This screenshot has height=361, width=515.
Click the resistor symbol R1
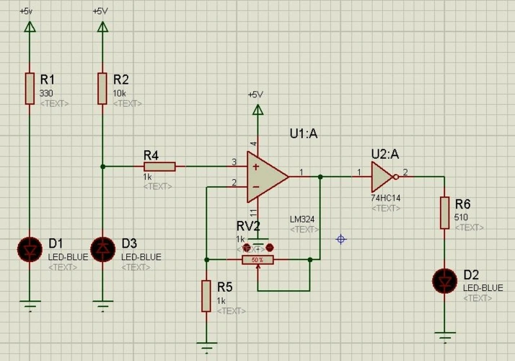pyautogui.click(x=30, y=88)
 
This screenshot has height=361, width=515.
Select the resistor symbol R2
pyautogui.click(x=102, y=88)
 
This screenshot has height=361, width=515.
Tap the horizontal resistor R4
pyautogui.click(x=159, y=167)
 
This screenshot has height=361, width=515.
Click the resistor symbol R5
pyautogui.click(x=206, y=296)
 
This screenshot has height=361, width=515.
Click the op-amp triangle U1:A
pyautogui.click(x=267, y=175)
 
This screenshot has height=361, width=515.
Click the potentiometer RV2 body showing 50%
pyautogui.click(x=257, y=259)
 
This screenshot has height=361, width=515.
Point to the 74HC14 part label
pyautogui.click(x=385, y=197)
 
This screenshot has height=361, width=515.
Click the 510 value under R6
pyautogui.click(x=462, y=217)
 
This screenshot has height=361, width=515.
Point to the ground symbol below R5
pyautogui.click(x=206, y=345)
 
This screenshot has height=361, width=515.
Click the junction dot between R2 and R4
pyautogui.click(x=102, y=167)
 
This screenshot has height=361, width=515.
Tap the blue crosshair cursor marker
pyautogui.click(x=341, y=239)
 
